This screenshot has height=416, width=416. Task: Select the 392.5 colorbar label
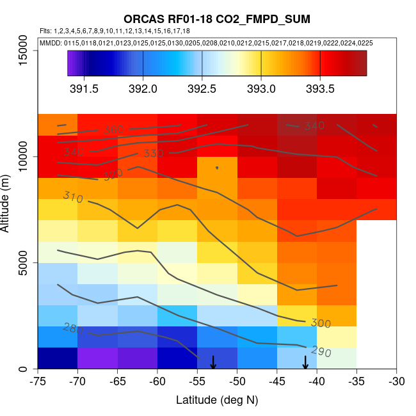tap(202, 88)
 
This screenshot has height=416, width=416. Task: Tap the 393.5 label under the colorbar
tap(320, 88)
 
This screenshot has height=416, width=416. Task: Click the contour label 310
tap(73, 198)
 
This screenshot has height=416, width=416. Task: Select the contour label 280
tap(73, 328)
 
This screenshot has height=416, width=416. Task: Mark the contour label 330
tap(154, 154)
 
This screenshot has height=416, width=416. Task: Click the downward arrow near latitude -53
tap(213, 362)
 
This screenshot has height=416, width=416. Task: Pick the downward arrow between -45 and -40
tap(305, 362)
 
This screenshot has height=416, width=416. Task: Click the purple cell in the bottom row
tap(97, 358)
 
